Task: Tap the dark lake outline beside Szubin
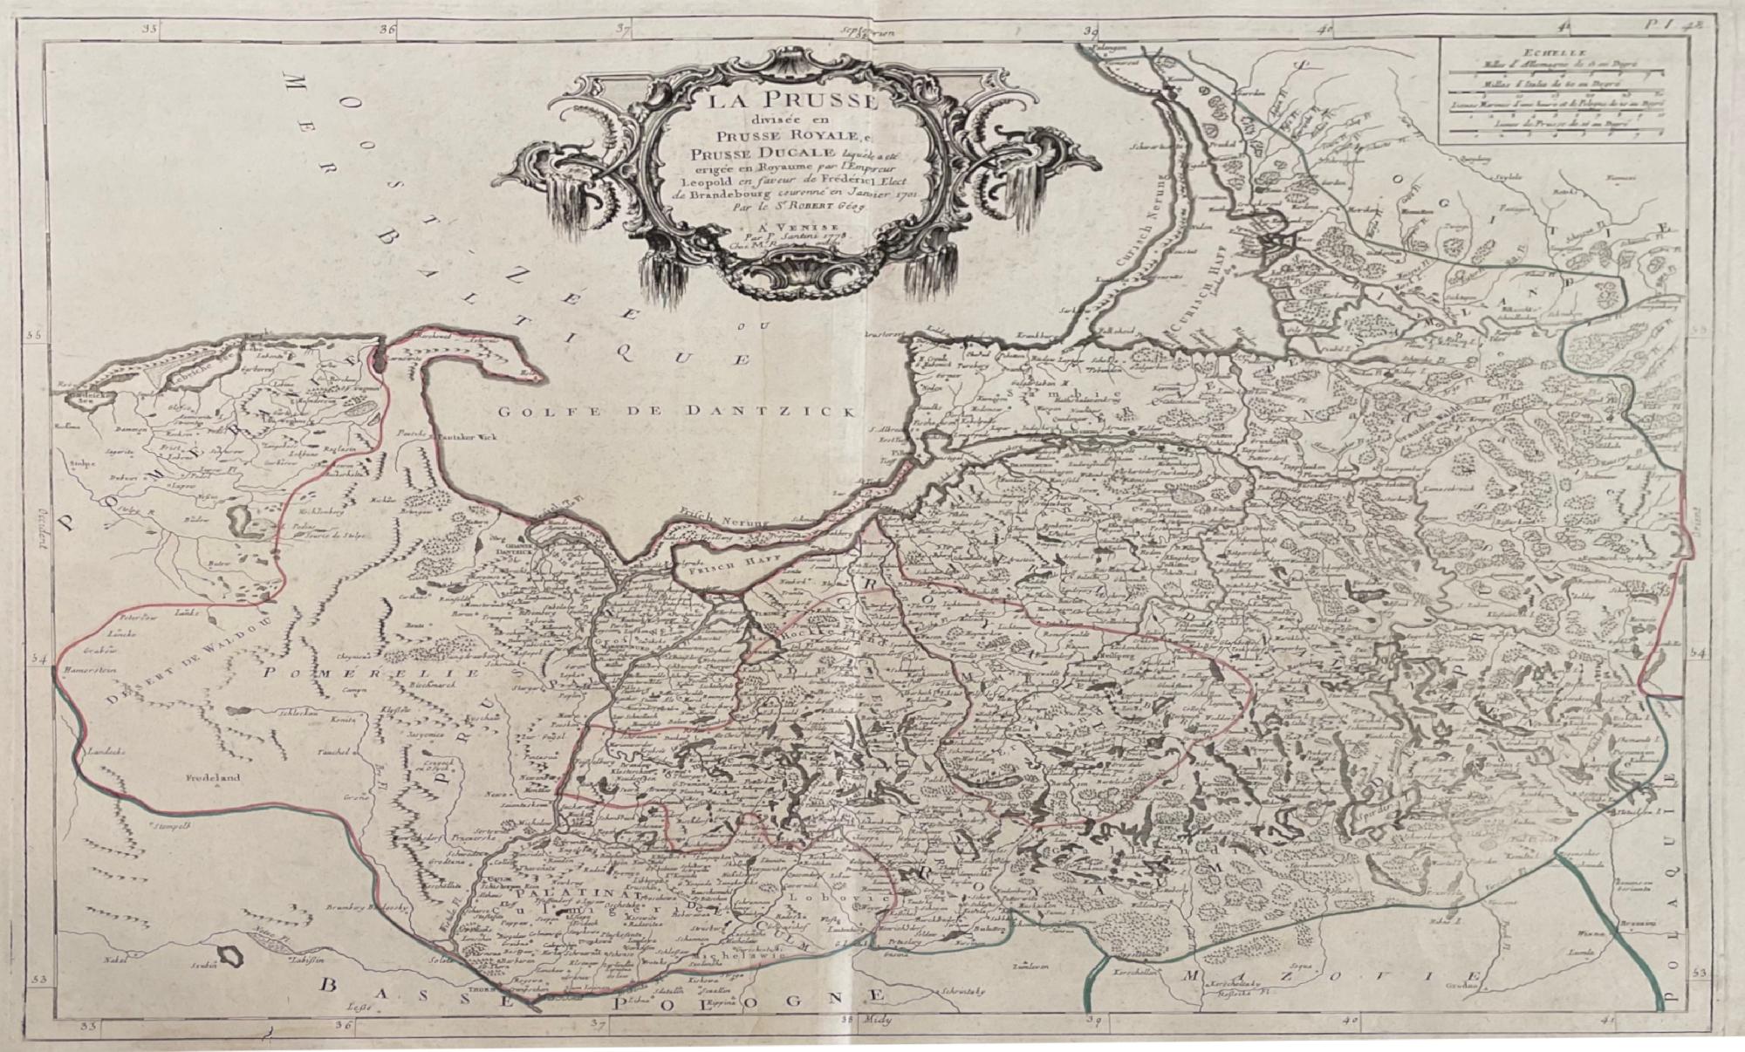231,956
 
